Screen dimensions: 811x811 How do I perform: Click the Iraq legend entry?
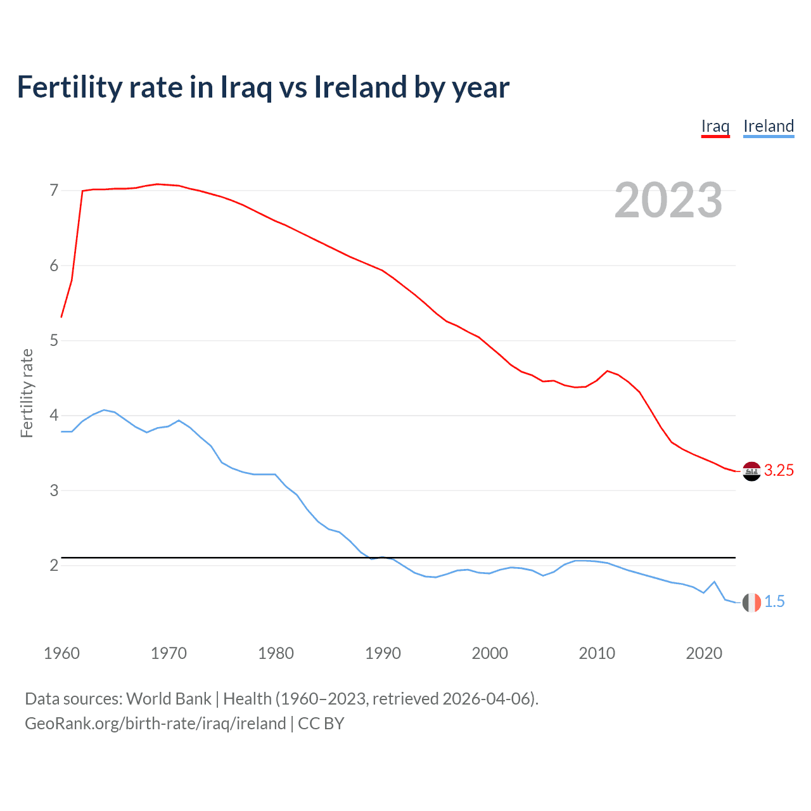pos(715,126)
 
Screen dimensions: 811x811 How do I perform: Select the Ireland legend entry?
pos(769,126)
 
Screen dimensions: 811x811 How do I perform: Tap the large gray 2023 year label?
pos(668,200)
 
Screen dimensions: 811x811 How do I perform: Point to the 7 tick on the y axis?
pos(54,191)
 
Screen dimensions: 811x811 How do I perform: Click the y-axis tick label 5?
pos(54,341)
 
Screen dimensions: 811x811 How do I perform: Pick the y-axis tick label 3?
pos(54,490)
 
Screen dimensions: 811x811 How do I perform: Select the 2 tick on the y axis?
pos(54,565)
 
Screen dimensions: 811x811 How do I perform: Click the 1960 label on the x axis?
pos(61,653)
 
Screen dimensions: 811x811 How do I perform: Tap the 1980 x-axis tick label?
pos(276,653)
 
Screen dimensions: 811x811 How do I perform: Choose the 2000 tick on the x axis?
pos(490,653)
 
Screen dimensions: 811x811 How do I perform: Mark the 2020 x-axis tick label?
pos(704,653)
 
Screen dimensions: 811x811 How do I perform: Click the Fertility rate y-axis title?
pos(27,393)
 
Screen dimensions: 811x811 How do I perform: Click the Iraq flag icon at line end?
pos(751,471)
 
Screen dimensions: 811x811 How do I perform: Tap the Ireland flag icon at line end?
pos(751,603)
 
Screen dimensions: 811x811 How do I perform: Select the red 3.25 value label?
pos(779,470)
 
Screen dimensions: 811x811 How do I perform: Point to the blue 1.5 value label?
pos(774,602)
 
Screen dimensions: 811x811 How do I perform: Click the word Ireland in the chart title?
pos(360,87)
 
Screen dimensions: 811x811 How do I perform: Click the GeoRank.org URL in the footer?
pos(155,724)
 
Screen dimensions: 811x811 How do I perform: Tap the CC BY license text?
pos(321,724)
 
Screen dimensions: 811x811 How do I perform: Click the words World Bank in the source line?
pos(169,699)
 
